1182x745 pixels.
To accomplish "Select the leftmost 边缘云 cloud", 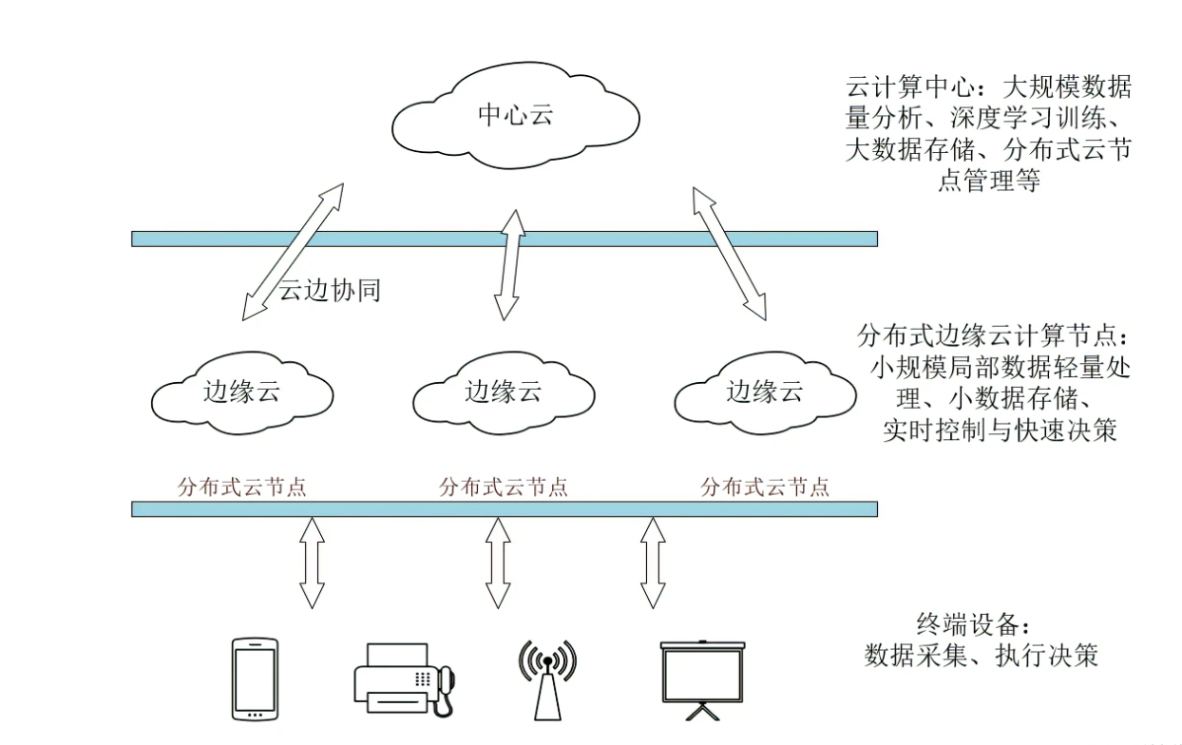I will (x=242, y=392).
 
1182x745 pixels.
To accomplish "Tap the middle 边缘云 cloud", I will (x=504, y=392).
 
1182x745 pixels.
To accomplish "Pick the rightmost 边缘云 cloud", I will (x=765, y=392).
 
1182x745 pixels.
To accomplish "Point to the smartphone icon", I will (x=256, y=678).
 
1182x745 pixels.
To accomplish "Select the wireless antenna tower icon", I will (x=547, y=678).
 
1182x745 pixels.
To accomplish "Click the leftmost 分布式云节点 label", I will (x=242, y=487).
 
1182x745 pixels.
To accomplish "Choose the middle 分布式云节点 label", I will (x=504, y=487).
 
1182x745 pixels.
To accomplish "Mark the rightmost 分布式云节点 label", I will (x=765, y=487).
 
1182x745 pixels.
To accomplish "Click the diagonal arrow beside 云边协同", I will (x=292, y=249).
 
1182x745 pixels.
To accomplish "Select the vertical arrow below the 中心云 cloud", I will (x=508, y=263).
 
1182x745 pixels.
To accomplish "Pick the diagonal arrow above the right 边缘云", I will (x=730, y=253).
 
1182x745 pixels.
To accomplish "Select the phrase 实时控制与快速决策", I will (x=999, y=430).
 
